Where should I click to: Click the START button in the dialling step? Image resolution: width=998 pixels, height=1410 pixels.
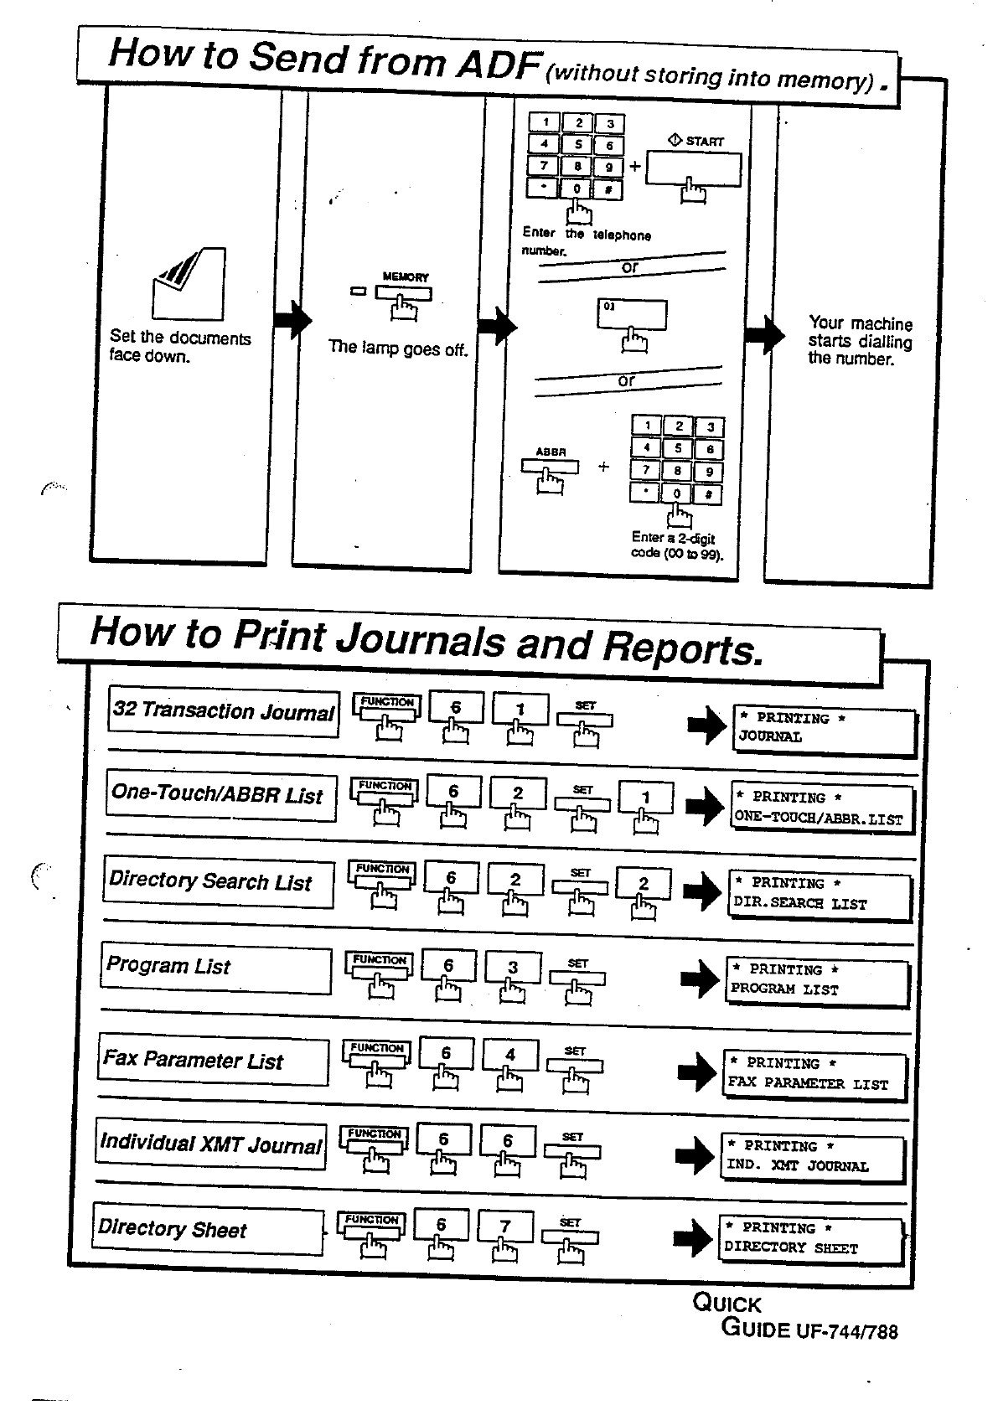(x=693, y=171)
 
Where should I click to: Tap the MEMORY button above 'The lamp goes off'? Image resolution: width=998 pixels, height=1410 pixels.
(x=403, y=294)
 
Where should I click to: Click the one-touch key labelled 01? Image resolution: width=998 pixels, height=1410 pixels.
(x=632, y=316)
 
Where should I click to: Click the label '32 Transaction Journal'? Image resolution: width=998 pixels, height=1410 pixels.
(x=223, y=712)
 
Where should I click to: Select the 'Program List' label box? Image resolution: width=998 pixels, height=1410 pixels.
(x=215, y=968)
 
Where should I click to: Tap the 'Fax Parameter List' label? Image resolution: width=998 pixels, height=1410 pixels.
(x=213, y=1061)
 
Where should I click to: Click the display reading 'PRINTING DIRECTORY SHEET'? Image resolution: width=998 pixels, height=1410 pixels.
(x=810, y=1239)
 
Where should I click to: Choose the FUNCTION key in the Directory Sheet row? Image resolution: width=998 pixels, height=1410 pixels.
(x=370, y=1224)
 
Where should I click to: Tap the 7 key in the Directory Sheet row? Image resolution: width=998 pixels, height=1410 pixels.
(x=505, y=1227)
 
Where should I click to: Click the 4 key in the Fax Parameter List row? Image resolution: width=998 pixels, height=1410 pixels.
(x=510, y=1055)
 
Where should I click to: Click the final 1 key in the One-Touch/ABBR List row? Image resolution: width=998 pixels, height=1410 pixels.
(x=645, y=798)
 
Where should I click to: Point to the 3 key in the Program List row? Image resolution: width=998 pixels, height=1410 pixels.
(x=513, y=967)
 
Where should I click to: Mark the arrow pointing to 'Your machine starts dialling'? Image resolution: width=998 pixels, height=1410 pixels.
(x=763, y=335)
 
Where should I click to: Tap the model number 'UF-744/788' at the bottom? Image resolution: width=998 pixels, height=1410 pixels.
(x=845, y=1331)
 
